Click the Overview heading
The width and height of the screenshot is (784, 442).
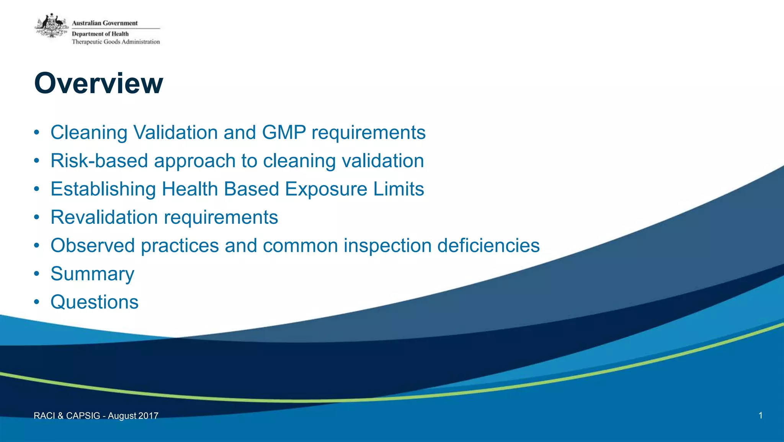point(98,83)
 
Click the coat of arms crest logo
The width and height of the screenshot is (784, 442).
point(52,26)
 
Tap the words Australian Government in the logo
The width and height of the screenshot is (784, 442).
point(105,23)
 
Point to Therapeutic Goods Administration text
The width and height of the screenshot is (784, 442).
point(116,42)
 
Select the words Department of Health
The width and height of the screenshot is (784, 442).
point(100,34)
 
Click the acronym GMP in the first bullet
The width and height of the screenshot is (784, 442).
point(284,133)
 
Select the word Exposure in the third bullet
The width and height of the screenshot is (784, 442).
point(326,189)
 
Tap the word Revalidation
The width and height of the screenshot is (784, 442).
point(104,217)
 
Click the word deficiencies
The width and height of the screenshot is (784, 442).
point(488,245)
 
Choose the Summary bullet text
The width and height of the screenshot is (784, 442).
point(92,274)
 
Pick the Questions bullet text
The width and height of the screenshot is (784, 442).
point(95,302)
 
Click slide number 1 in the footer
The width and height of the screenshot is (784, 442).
point(760,415)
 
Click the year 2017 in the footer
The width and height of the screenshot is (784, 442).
point(148,416)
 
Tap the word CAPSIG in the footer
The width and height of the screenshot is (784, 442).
point(83,416)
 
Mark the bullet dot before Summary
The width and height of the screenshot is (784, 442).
point(36,274)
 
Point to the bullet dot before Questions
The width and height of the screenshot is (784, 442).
point(36,302)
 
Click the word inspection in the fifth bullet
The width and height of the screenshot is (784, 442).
point(387,245)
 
